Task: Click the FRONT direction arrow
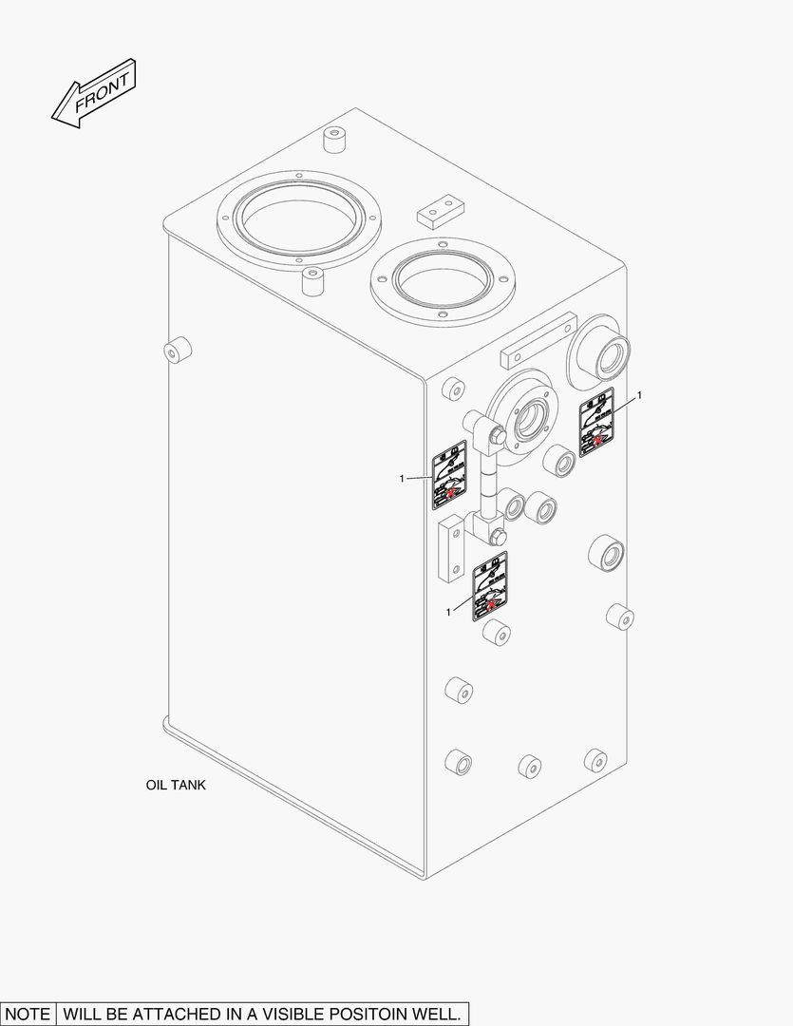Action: click(94, 93)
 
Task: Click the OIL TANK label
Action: click(175, 786)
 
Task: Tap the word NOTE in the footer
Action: click(28, 1014)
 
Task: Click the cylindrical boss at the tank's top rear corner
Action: click(334, 140)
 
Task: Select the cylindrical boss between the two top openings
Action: click(312, 281)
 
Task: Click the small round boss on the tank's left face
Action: click(176, 350)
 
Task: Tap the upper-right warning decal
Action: click(596, 422)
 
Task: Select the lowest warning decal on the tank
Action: click(490, 585)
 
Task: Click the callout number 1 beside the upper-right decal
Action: click(639, 394)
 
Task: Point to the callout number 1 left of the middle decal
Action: click(403, 478)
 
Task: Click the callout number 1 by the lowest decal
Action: click(448, 612)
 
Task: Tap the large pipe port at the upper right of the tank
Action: click(600, 351)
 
